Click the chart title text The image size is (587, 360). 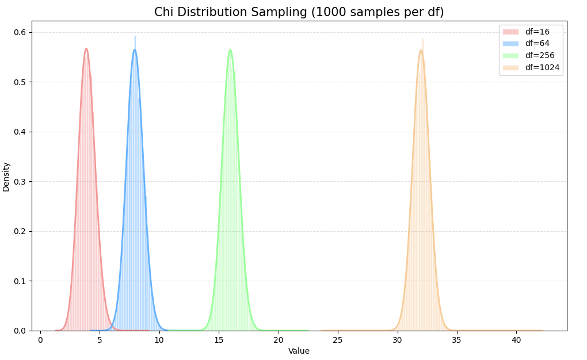[x=299, y=12]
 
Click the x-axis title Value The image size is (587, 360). [x=299, y=351]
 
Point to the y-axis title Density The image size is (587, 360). [x=6, y=177]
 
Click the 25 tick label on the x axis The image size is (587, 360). [x=338, y=340]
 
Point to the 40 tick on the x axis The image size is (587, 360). [x=516, y=340]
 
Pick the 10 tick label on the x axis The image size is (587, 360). [x=159, y=340]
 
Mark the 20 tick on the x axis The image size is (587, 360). [x=279, y=340]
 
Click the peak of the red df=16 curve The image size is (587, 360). [x=86, y=48]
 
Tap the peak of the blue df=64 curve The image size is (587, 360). [x=135, y=49]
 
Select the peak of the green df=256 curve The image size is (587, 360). [x=230, y=49]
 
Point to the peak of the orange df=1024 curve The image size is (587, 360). [x=421, y=50]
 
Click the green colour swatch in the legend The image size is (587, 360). [x=510, y=55]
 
